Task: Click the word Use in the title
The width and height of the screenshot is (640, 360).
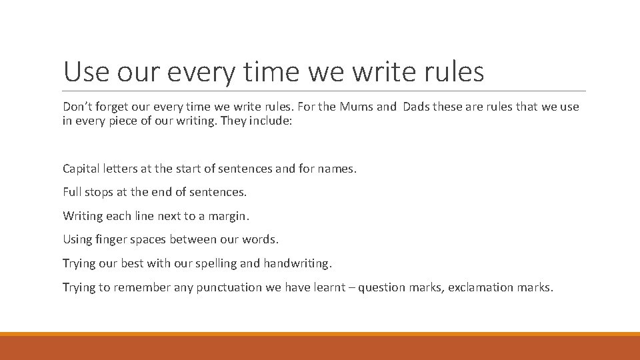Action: [x=85, y=71]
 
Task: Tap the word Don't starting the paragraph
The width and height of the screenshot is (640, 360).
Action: [x=77, y=107]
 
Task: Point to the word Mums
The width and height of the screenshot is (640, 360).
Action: [x=357, y=107]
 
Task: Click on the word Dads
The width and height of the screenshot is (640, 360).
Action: [x=416, y=107]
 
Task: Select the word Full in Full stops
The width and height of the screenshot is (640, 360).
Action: [x=72, y=192]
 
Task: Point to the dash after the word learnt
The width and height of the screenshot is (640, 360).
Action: [x=351, y=287]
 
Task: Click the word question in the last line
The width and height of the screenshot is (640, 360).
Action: [x=381, y=288]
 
